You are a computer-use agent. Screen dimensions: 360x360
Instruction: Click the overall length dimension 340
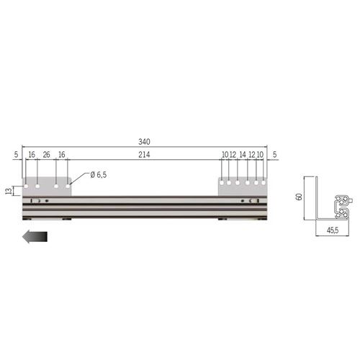144,142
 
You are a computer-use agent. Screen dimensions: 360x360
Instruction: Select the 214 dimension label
144,155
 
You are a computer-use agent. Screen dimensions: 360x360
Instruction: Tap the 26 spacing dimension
46,155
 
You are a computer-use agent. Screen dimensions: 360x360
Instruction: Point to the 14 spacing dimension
243,155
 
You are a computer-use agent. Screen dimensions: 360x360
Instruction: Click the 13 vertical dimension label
9,191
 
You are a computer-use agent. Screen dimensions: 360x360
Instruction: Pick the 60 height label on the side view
300,197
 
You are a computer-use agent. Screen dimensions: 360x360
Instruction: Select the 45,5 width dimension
333,230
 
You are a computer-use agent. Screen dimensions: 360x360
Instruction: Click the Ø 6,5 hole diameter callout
99,175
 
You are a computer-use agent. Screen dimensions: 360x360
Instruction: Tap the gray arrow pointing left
35,237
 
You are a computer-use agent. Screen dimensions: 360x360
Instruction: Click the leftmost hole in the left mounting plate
26,186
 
